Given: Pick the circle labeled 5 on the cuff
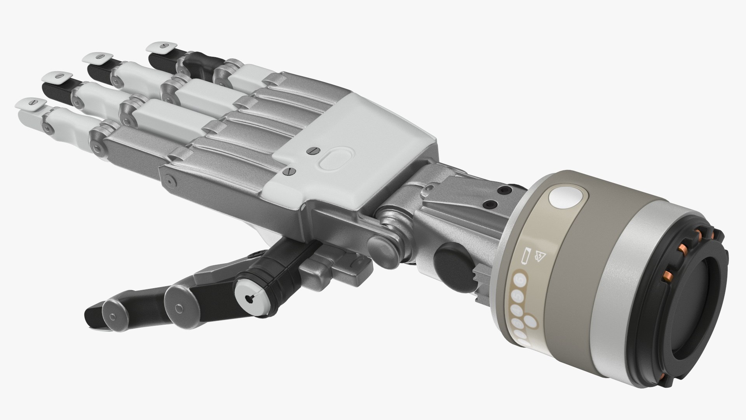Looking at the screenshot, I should [x=517, y=296].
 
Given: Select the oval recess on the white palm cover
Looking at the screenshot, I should [x=336, y=158].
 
